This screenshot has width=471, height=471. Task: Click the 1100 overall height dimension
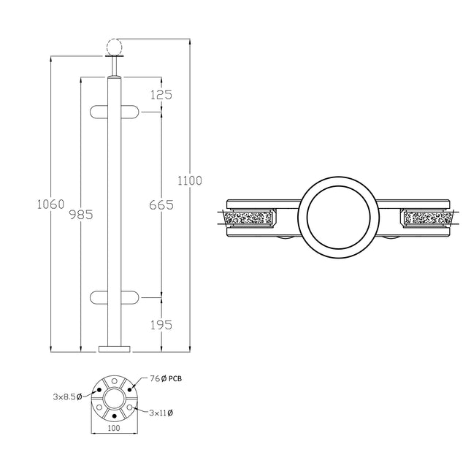189,180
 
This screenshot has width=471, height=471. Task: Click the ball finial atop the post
113,45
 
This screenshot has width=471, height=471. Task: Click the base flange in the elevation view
113,349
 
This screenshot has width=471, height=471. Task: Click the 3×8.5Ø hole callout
68,397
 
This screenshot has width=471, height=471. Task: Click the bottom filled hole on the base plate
113,416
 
